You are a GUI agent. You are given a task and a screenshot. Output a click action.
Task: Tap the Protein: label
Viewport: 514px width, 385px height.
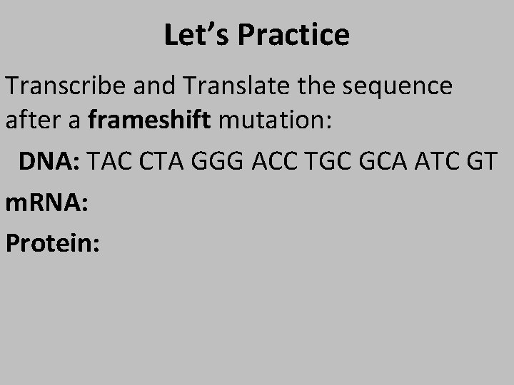[x=52, y=242]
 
